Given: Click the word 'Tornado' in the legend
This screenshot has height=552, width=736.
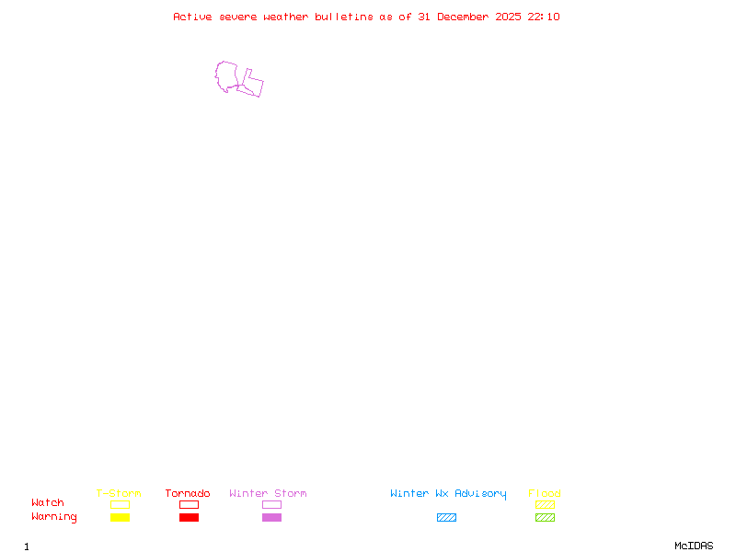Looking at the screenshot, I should tap(188, 494).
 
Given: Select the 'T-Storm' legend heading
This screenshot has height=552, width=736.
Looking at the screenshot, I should tap(119, 494).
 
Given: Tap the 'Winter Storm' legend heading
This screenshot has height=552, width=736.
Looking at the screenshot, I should tap(268, 494).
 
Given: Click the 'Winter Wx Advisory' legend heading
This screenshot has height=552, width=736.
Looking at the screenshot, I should tap(448, 494).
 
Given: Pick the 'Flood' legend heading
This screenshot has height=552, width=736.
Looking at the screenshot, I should tap(545, 494).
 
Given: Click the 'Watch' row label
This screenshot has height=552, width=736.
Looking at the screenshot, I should tap(48, 503).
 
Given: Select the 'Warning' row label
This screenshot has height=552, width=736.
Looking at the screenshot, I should tap(54, 517).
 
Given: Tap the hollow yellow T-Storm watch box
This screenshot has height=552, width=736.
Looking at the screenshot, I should tap(120, 504).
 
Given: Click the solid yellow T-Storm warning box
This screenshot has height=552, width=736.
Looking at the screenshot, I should tap(120, 518).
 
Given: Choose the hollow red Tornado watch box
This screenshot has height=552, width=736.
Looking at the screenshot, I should tap(189, 504).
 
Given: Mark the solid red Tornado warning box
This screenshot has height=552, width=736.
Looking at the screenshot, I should tap(189, 518).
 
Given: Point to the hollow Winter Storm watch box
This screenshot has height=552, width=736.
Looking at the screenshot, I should tap(271, 504).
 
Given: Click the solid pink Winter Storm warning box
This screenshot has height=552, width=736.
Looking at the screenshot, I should tap(271, 518).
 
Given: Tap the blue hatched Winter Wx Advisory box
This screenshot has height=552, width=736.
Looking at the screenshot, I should tap(446, 518).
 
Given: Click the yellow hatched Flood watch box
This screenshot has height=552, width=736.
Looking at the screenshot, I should tap(545, 504).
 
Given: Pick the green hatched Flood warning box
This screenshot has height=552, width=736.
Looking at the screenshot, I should tap(545, 518).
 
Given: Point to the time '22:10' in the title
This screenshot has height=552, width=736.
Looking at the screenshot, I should tap(544, 17).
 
